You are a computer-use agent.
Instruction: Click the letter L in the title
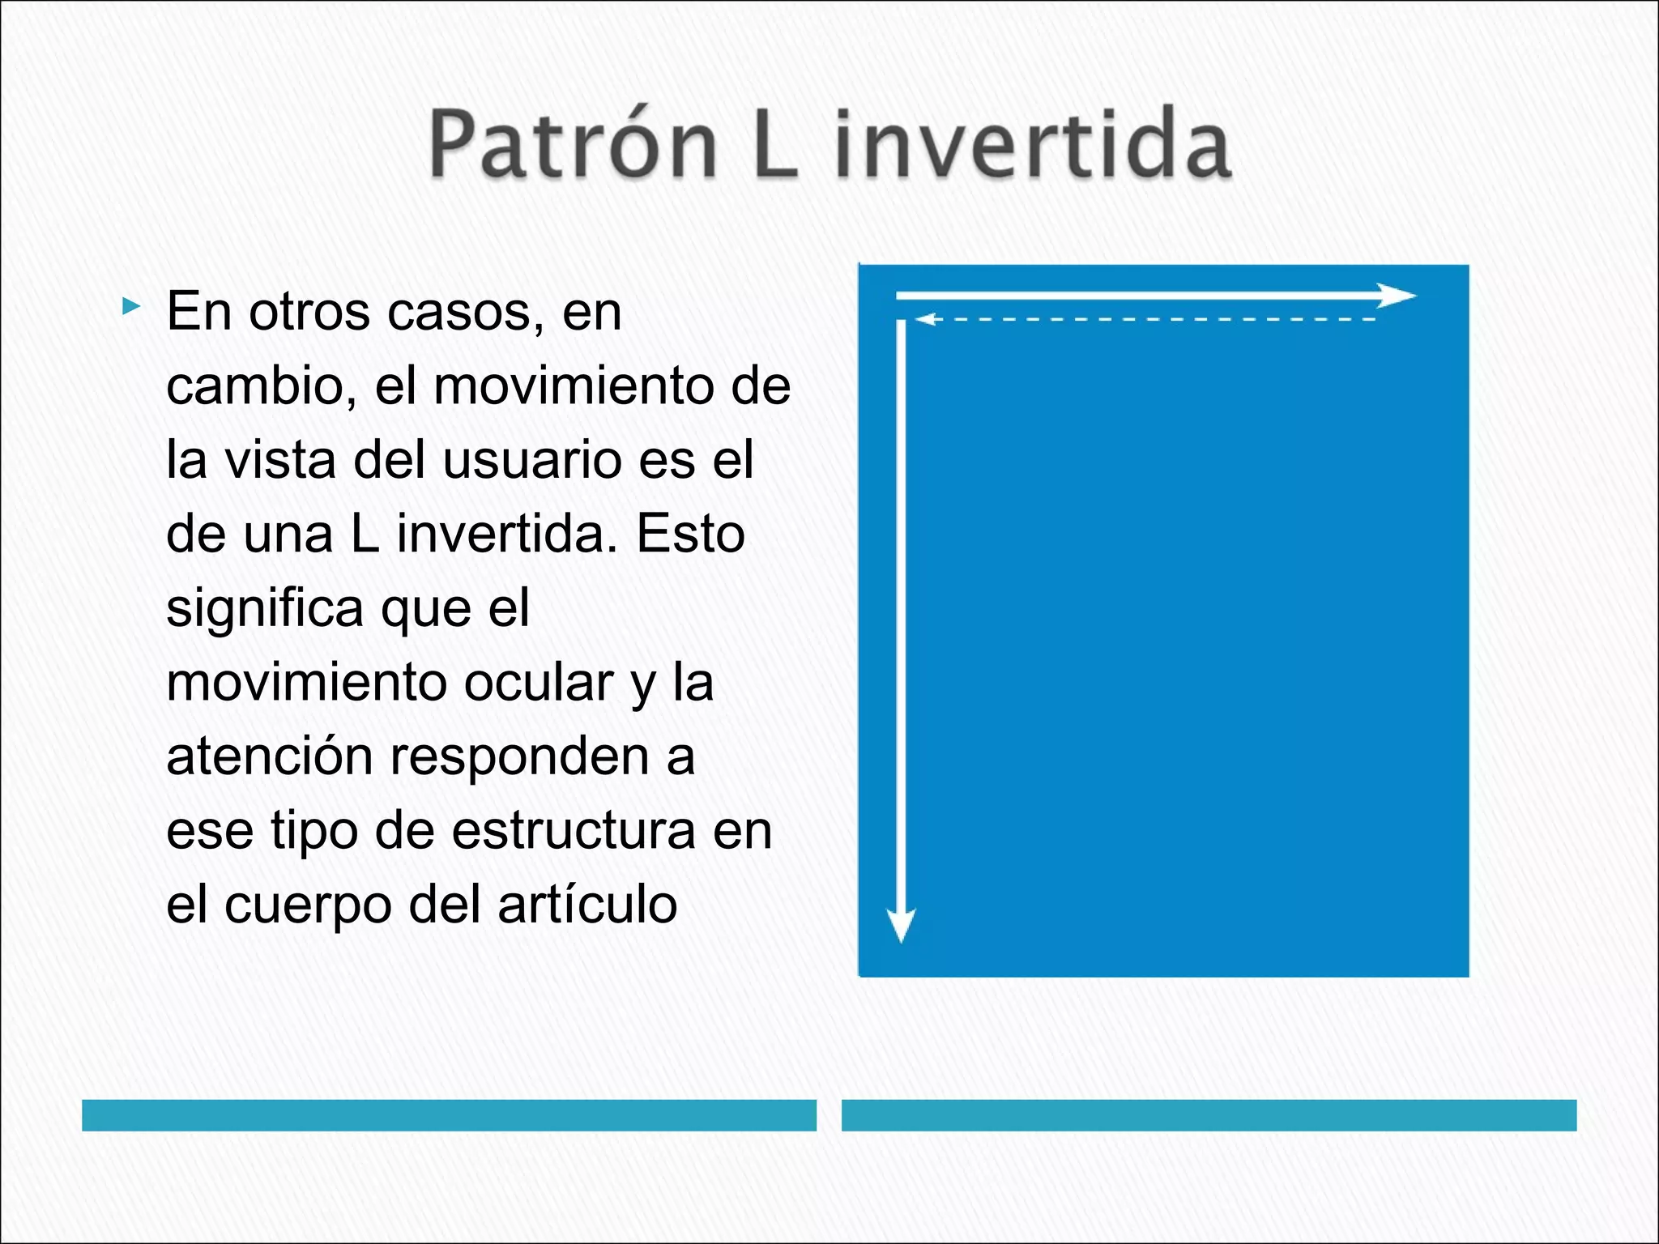coord(775,144)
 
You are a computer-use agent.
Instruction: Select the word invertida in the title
coord(1033,144)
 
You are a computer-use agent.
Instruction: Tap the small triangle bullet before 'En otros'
coord(130,307)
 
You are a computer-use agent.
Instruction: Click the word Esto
coord(690,535)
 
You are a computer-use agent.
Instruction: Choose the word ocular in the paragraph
coord(538,683)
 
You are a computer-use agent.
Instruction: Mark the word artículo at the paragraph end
coord(587,905)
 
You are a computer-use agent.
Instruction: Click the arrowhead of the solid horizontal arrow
coord(1397,296)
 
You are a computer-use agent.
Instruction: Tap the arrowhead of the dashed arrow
coord(924,319)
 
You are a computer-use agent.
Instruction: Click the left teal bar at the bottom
coord(449,1115)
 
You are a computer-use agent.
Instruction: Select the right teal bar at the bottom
coord(1209,1115)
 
